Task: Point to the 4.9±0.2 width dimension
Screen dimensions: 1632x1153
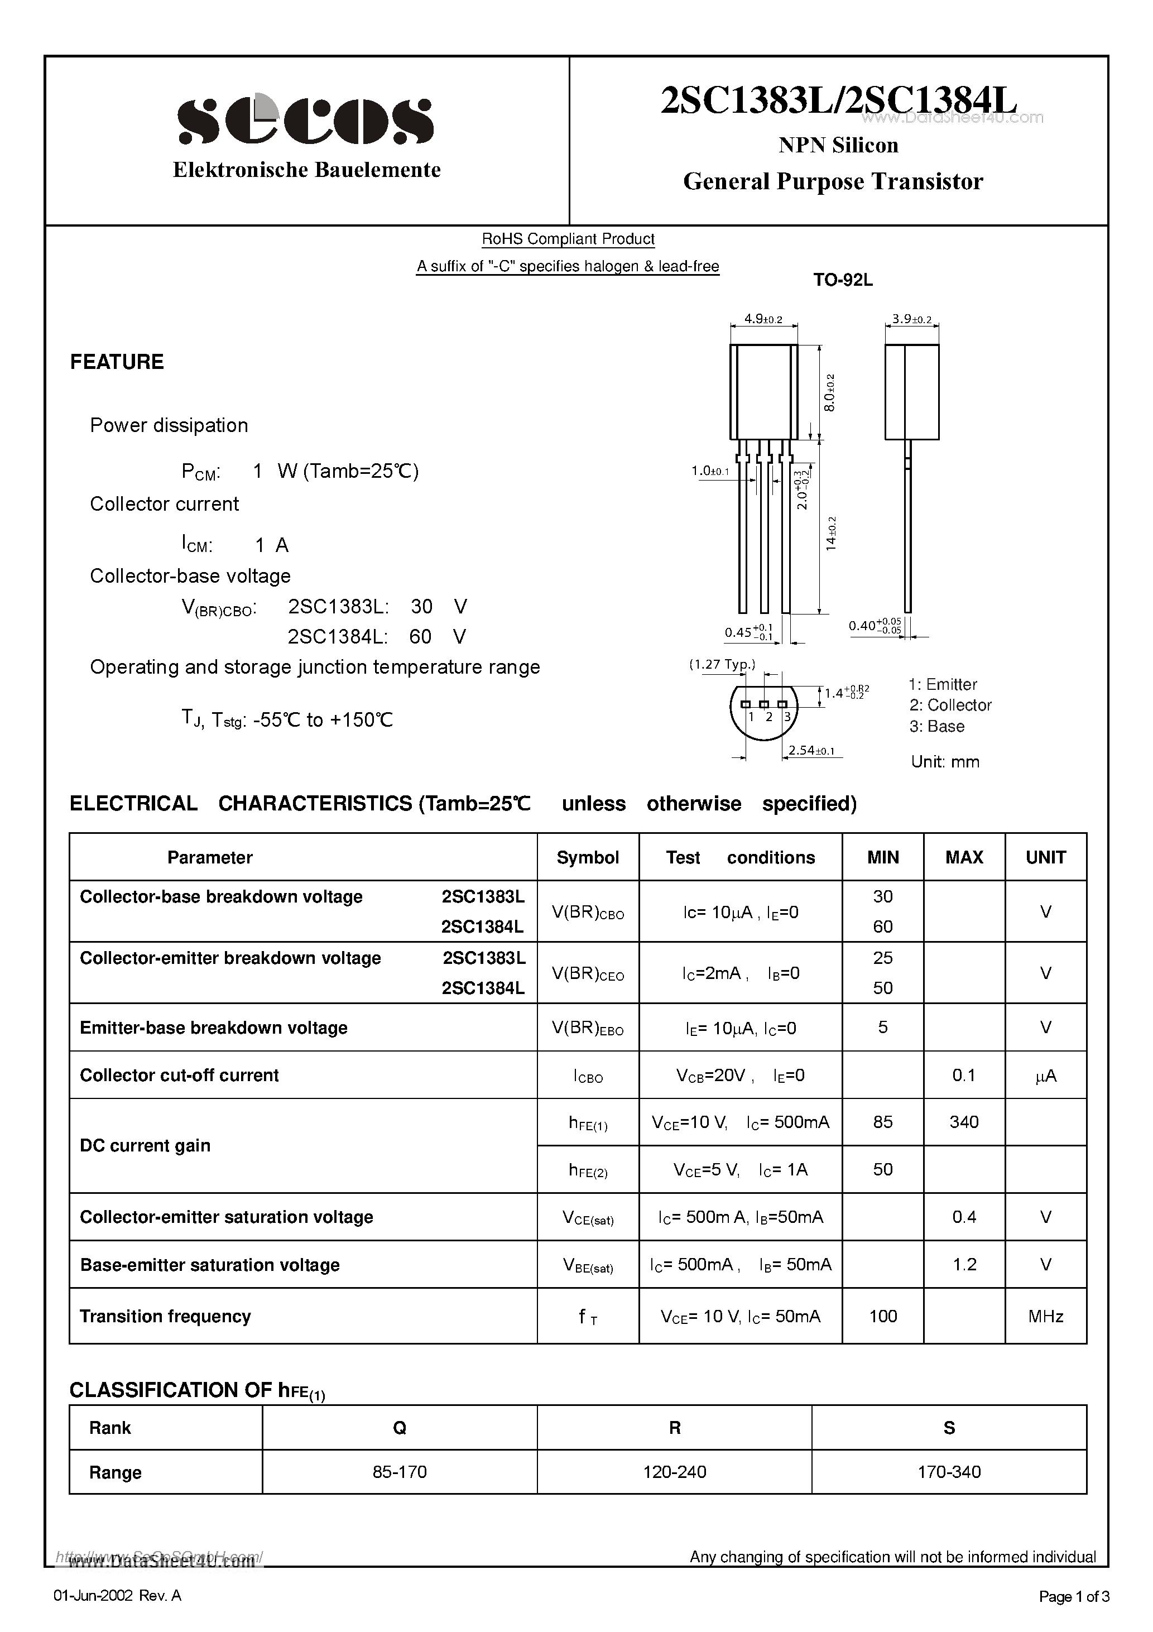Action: (763, 319)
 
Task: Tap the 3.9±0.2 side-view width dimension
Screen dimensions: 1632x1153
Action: (911, 319)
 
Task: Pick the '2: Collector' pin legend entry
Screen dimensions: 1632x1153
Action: (950, 705)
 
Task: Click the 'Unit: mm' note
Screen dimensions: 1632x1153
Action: (945, 762)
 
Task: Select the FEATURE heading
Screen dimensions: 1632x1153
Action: (117, 362)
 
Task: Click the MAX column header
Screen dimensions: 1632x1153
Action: (964, 857)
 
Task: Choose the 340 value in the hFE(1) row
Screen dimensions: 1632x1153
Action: (964, 1122)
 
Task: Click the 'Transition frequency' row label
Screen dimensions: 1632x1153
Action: (165, 1317)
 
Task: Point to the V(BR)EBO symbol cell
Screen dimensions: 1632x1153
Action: (587, 1029)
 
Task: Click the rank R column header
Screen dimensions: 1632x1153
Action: (674, 1428)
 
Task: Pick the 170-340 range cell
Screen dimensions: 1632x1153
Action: (948, 1472)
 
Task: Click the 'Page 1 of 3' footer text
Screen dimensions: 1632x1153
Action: (1073, 1596)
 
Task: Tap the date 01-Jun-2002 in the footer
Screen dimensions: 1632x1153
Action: (93, 1596)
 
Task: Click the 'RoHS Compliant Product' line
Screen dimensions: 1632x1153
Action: (568, 239)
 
